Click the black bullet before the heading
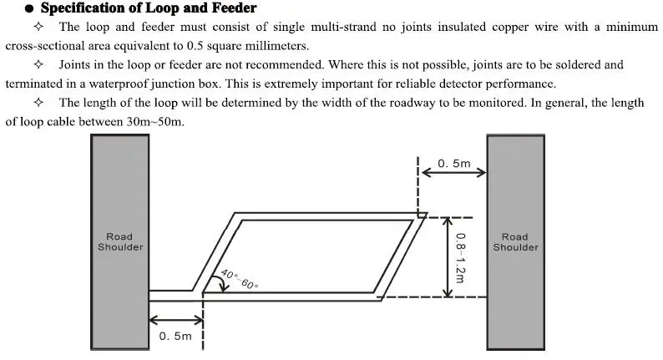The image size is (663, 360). (x=30, y=9)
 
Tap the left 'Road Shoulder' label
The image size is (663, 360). (x=120, y=242)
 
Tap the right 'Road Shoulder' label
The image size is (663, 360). (x=515, y=242)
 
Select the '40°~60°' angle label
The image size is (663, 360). (x=240, y=279)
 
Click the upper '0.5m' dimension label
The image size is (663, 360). (x=454, y=164)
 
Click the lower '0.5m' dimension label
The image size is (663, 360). (x=175, y=336)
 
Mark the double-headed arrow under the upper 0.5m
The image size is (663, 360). (x=452, y=174)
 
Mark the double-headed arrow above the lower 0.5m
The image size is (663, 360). (x=176, y=317)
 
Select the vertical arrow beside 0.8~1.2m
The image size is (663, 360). (x=448, y=257)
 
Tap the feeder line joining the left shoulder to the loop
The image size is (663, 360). (x=171, y=295)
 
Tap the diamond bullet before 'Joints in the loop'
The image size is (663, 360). (x=38, y=65)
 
